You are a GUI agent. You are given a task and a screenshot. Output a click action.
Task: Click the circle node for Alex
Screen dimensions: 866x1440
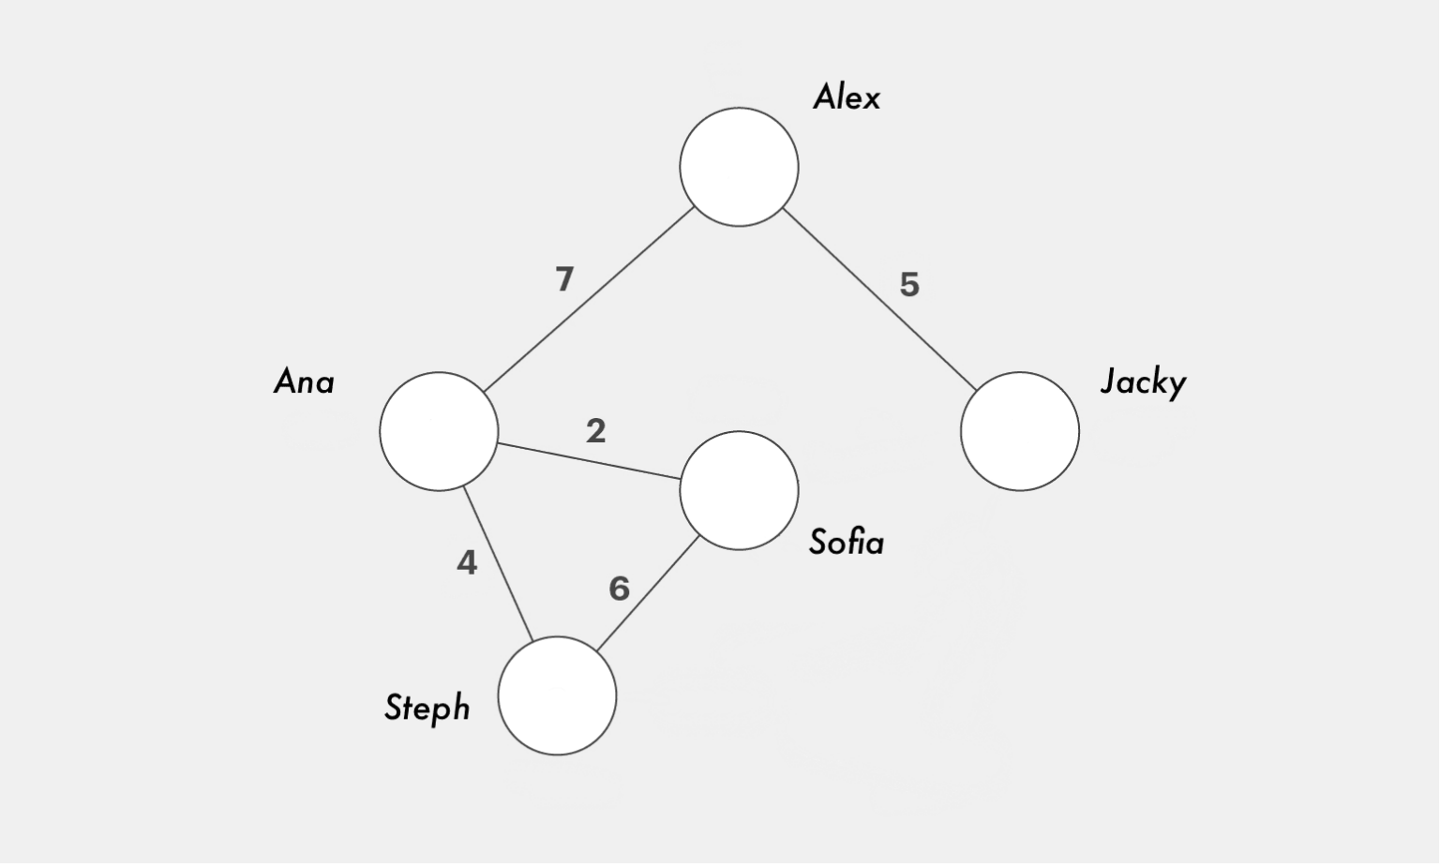[x=739, y=167]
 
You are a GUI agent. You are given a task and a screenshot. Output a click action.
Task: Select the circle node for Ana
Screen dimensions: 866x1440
[x=439, y=431]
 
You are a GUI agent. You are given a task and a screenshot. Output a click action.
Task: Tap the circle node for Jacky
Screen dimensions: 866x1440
[x=1019, y=431]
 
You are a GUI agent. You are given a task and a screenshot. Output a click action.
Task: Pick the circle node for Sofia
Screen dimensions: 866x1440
[x=739, y=490]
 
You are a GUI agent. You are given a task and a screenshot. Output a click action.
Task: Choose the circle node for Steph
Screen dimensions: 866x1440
[x=557, y=695]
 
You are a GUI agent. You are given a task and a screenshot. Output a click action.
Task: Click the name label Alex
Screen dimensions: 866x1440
[x=846, y=97]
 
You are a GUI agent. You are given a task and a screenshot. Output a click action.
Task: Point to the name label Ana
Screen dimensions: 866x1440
[x=304, y=382]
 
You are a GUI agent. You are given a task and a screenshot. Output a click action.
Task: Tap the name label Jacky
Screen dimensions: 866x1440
[x=1143, y=382]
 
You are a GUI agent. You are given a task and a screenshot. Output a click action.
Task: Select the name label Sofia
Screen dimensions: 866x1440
[x=846, y=543]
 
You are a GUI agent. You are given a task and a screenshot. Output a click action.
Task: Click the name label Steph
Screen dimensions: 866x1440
[x=427, y=708]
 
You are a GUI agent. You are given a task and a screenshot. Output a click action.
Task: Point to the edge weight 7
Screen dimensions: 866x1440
[x=563, y=279]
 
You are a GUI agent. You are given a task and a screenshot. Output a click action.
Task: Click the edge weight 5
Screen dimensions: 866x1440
[x=908, y=284]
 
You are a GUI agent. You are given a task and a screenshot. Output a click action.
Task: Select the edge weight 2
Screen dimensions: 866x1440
[x=595, y=431]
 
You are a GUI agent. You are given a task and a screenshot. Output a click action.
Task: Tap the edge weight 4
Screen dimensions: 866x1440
[x=467, y=562]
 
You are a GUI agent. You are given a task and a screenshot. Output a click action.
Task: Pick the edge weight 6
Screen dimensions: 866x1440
[x=619, y=589]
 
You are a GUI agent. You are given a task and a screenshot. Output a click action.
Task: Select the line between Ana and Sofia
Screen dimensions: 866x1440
[x=589, y=461]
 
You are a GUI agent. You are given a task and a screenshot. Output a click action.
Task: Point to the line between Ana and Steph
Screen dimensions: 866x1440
[x=498, y=564]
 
